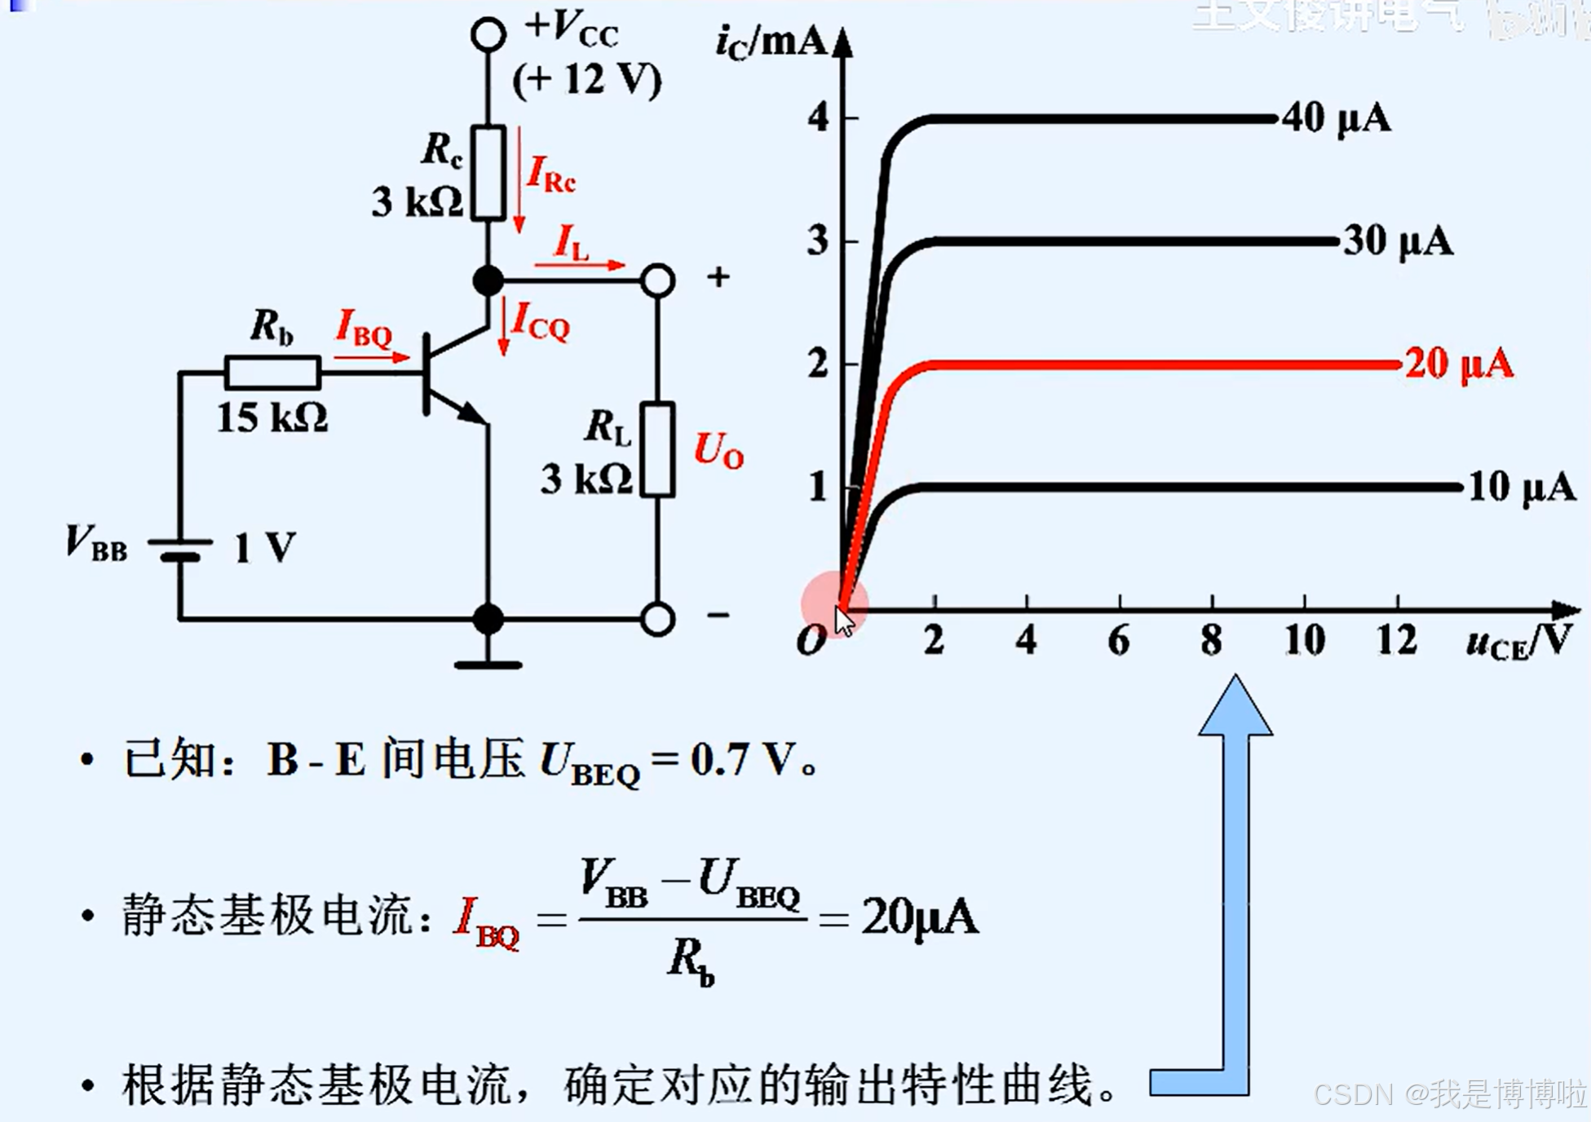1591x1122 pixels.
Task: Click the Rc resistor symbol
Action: click(488, 173)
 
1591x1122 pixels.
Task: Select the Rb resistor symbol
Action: click(272, 373)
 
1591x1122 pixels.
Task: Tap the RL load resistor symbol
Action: click(656, 449)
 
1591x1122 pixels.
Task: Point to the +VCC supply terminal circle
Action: click(488, 34)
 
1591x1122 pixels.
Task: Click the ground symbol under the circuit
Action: click(488, 664)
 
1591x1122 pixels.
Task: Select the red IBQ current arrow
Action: click(372, 356)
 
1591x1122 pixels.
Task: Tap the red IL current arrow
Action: click(580, 264)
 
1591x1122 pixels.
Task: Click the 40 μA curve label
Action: click(1336, 118)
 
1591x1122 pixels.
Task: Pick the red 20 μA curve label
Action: click(1459, 364)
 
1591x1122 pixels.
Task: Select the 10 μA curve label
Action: click(1521, 488)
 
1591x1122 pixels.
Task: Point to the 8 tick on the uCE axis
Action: click(1211, 641)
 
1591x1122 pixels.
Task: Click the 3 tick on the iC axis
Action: click(818, 241)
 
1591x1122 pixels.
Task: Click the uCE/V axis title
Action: click(1518, 641)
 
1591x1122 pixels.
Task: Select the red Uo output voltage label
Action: click(718, 450)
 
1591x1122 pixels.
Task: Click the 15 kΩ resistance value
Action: click(272, 418)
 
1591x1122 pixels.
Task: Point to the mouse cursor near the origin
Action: click(844, 621)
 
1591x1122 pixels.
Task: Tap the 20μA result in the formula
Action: click(919, 917)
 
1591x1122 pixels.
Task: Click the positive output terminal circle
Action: click(657, 280)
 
